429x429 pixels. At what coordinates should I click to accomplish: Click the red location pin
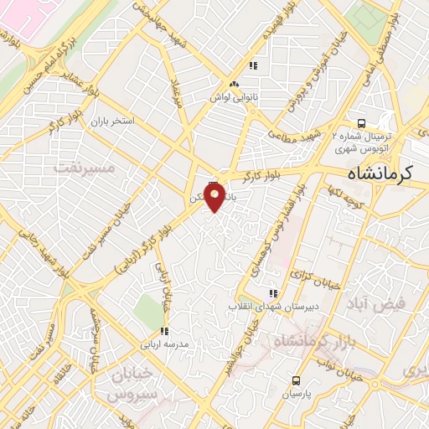tap(214, 198)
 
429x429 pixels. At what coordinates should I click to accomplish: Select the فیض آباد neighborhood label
tap(401, 305)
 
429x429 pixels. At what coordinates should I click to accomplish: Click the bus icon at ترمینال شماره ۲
tap(359, 119)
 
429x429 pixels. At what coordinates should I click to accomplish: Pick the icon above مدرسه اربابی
tap(164, 330)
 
